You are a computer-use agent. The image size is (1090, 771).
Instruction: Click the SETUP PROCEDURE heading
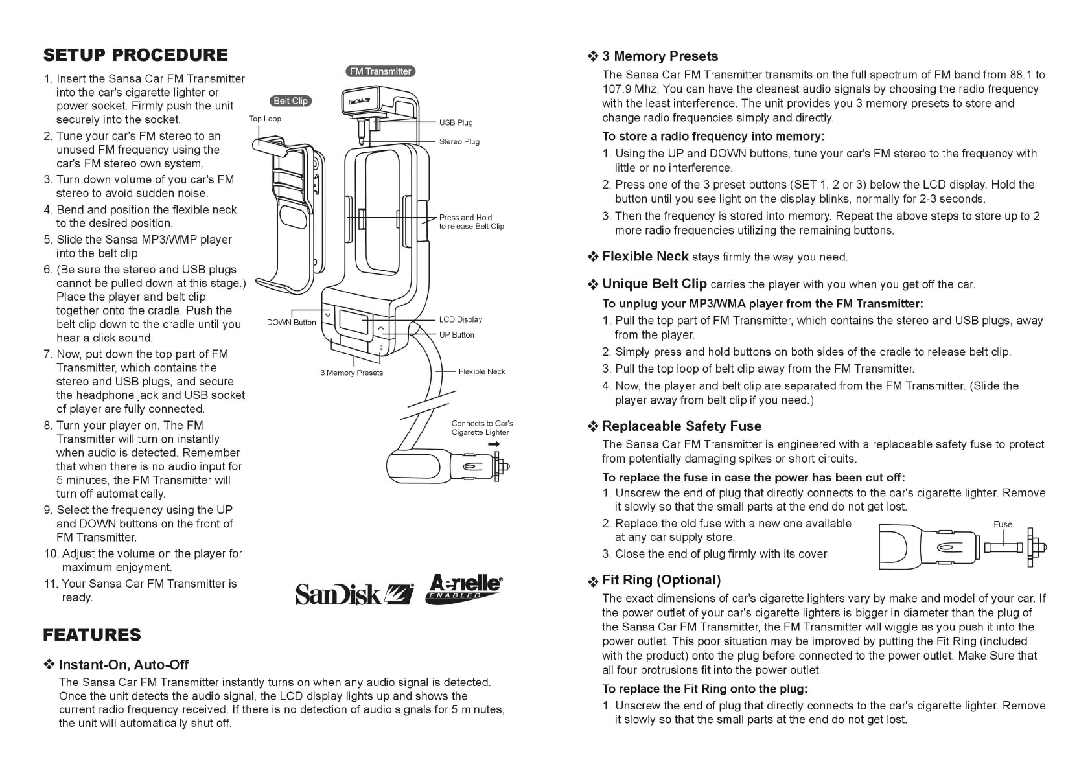135,55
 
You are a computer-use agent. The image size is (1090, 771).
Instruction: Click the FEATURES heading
91,635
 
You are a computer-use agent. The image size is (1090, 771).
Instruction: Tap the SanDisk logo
354,593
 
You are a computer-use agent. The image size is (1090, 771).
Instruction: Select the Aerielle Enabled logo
464,588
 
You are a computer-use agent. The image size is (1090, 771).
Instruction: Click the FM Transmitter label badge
380,71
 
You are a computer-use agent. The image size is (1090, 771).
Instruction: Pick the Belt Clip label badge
290,101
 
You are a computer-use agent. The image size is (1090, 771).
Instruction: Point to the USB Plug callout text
456,122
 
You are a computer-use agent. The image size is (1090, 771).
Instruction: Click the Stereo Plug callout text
459,142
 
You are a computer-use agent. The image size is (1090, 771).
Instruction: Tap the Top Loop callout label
265,119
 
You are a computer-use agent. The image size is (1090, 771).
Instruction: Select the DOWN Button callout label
291,323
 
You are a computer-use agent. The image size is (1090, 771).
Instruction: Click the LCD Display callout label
460,319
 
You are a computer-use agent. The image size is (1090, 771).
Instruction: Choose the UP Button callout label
456,335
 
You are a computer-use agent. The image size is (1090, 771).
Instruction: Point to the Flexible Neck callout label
481,372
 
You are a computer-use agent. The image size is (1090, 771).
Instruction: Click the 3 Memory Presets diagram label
351,373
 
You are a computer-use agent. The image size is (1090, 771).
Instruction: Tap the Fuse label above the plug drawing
1003,525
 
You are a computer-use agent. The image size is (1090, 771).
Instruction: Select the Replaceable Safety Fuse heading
681,426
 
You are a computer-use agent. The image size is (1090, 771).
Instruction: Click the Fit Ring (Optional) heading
661,581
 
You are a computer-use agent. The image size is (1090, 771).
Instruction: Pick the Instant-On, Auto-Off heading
123,665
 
